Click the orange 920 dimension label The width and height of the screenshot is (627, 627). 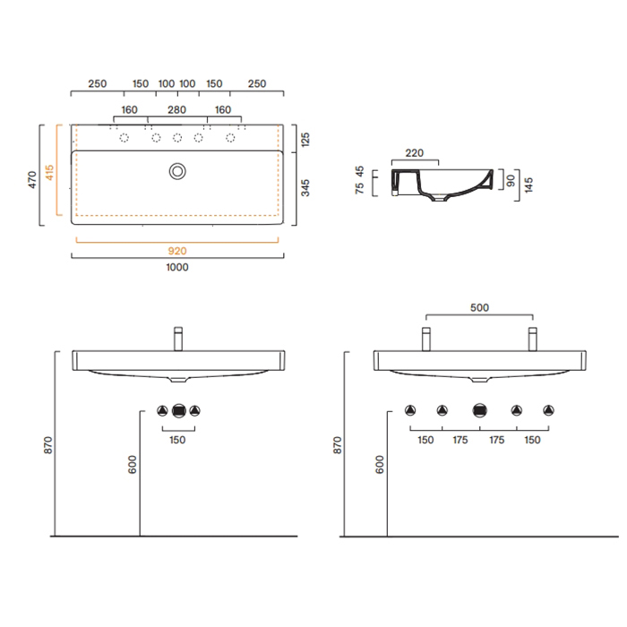177,251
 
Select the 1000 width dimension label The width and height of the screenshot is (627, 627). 177,267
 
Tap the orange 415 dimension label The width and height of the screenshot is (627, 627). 49,172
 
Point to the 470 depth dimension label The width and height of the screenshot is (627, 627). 32,179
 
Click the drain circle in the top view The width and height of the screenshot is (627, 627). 177,172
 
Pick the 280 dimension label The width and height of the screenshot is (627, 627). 176,109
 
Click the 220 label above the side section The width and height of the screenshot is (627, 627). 414,153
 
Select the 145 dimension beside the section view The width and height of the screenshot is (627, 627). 528,185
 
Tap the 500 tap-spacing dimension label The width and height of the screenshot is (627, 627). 479,307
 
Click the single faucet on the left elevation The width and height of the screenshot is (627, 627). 178,339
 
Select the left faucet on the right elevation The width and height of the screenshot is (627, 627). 426,339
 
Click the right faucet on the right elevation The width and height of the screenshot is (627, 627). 533,339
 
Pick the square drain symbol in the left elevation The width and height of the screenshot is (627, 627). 179,410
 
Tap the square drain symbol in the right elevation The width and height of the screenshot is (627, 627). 479,410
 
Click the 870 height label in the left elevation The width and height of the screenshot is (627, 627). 48,445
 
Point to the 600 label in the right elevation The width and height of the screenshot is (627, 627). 380,465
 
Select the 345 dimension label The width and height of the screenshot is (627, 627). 305,188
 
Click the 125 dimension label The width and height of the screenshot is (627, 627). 305,140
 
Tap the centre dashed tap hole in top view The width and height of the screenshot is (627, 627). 177,138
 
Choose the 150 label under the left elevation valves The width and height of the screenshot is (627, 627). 177,440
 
